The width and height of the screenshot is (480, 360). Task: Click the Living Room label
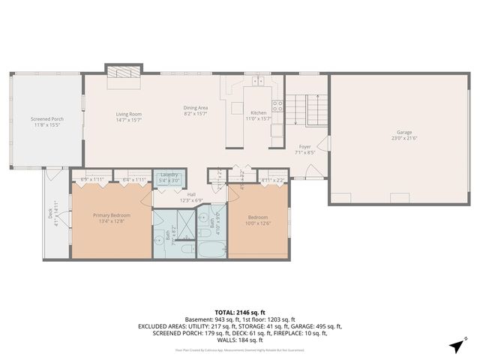[x=129, y=114]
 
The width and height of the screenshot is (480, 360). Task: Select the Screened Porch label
[x=46, y=119]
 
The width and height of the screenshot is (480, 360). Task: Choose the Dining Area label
[x=195, y=108]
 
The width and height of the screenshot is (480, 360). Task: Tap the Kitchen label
[x=258, y=113]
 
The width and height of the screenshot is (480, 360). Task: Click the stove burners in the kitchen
[x=277, y=106]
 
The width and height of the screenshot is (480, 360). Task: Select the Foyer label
[x=304, y=146]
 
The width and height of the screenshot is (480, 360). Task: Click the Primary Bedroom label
[x=112, y=215]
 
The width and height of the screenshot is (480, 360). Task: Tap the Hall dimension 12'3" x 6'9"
[x=191, y=200]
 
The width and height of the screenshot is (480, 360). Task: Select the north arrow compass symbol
[x=457, y=345]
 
